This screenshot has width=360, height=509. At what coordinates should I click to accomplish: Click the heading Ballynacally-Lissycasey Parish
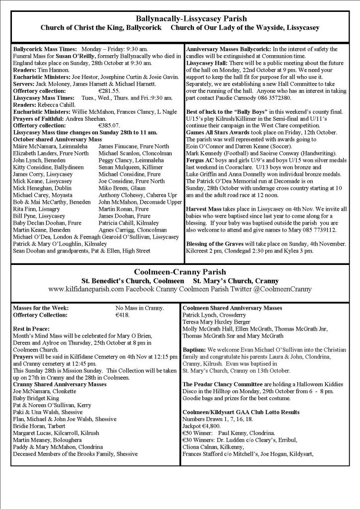click(x=180, y=18)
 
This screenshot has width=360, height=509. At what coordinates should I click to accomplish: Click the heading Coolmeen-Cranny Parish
click(x=180, y=272)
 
